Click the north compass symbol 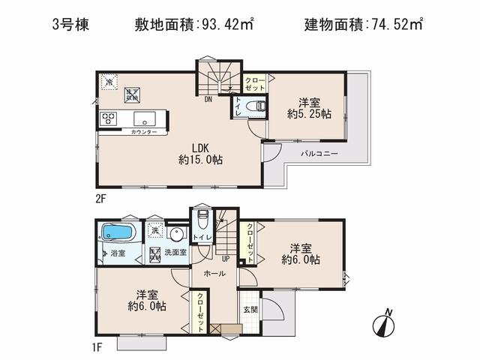(383, 325)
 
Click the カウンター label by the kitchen (143, 131)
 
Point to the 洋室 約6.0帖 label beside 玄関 (301, 253)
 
